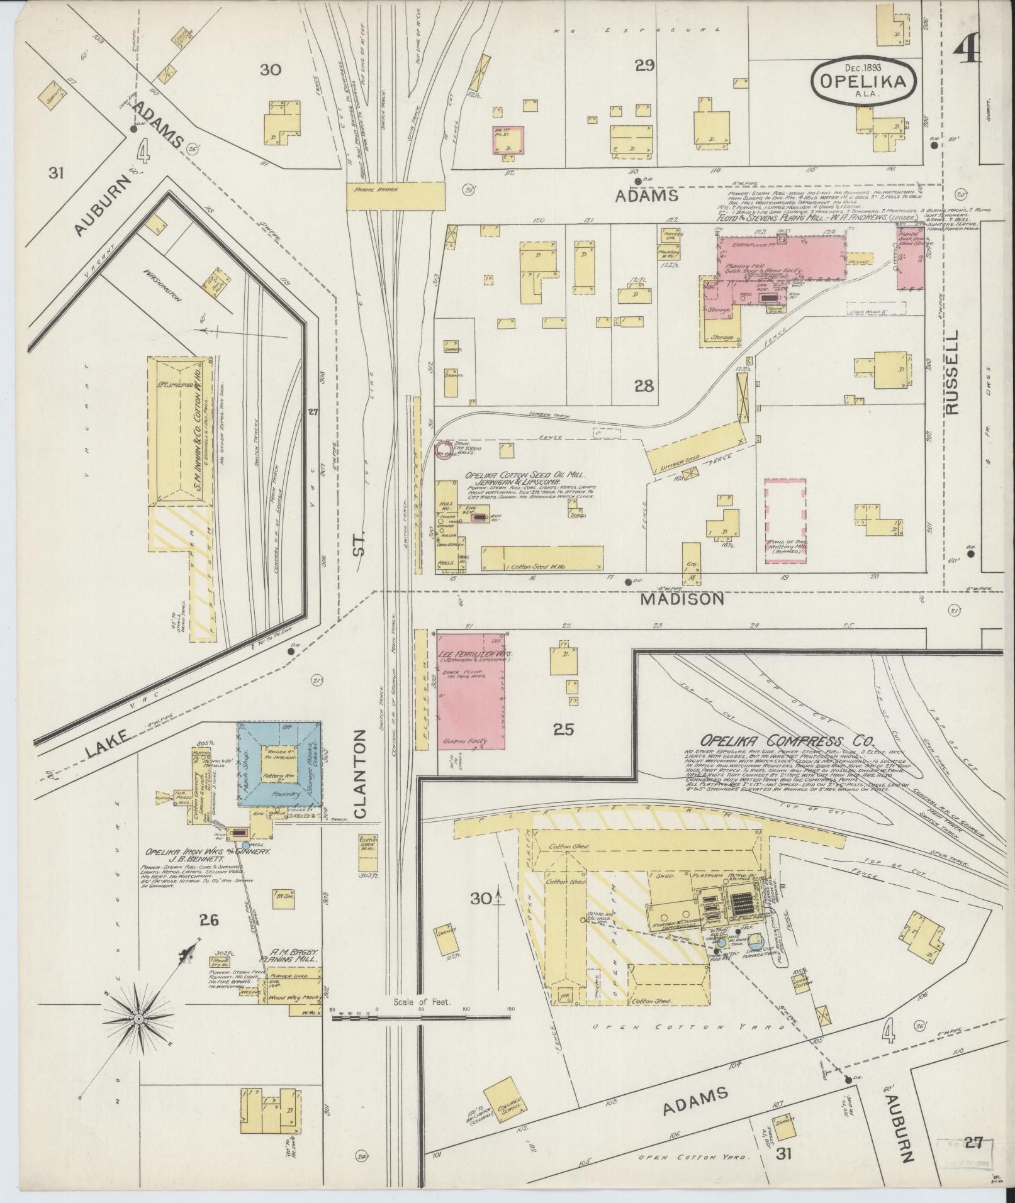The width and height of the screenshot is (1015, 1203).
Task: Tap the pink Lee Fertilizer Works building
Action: (471, 689)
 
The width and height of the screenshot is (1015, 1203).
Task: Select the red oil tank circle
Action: (444, 449)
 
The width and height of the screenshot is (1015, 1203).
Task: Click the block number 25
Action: (563, 729)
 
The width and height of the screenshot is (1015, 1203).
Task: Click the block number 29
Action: (645, 65)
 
